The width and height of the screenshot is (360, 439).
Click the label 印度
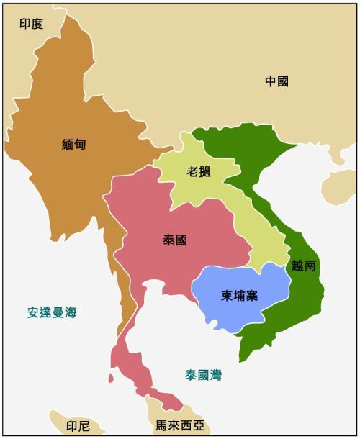click(31, 24)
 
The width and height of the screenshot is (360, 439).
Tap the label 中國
click(276, 82)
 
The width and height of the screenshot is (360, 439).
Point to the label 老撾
click(199, 172)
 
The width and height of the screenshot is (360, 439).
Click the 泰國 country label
click(175, 240)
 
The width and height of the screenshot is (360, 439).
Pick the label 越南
click(304, 266)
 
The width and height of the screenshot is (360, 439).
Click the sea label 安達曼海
click(52, 312)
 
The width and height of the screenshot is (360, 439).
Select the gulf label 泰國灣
click(203, 375)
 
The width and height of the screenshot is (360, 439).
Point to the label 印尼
click(78, 426)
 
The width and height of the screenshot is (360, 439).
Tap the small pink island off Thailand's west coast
click(111, 377)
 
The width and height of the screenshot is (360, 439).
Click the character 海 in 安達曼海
click(70, 312)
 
